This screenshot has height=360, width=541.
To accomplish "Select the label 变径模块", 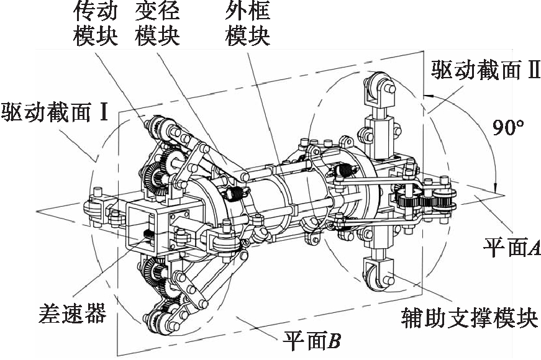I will [x=157, y=23].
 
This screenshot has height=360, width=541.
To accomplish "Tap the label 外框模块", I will [x=247, y=23].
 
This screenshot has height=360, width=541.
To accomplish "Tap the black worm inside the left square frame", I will [x=149, y=235].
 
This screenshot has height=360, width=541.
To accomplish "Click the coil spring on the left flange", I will [x=235, y=195].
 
